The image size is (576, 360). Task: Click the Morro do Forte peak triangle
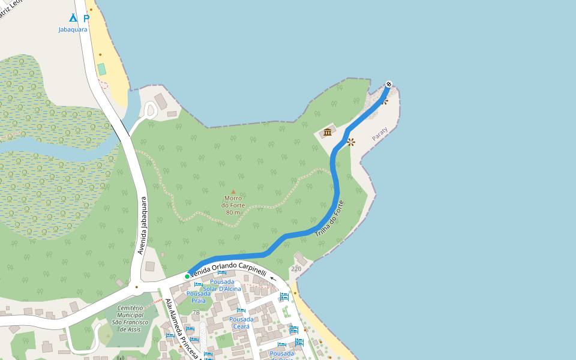coord(233,192)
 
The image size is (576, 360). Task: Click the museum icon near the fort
coord(328,132)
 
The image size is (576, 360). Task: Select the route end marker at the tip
coord(389,84)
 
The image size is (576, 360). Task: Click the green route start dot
coord(187,276)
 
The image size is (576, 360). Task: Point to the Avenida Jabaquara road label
coord(142,226)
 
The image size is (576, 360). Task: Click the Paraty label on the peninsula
coord(380,134)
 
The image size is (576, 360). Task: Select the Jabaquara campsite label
coord(73,29)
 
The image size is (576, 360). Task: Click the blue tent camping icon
coord(73,17)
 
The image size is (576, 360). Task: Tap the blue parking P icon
coord(86,18)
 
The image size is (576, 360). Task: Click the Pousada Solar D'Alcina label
coord(222,285)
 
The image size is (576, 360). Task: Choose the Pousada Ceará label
coord(241,323)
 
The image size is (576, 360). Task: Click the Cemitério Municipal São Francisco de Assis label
coord(125,319)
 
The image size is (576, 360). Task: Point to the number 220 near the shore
coord(296,269)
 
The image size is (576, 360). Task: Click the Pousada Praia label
coord(198,297)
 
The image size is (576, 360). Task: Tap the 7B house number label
coord(196,312)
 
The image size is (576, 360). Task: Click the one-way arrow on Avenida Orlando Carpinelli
coord(274,278)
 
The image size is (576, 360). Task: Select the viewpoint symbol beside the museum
coord(351,142)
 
